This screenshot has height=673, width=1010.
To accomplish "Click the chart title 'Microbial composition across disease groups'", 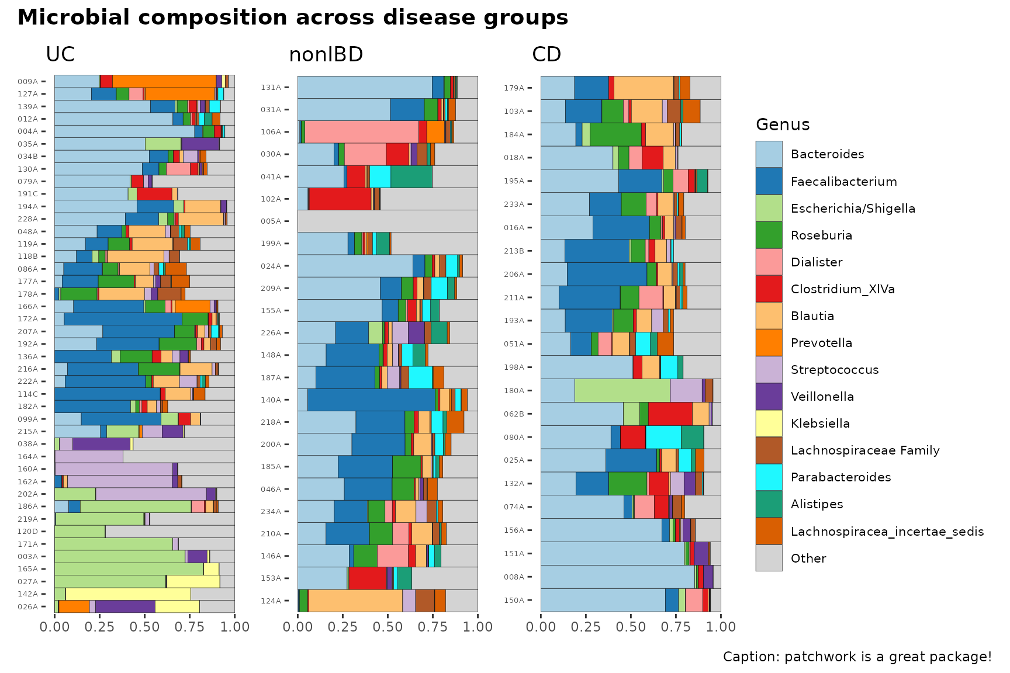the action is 293,18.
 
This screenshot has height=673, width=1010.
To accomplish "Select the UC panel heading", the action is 60,54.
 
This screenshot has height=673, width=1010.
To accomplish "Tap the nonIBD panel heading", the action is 326,54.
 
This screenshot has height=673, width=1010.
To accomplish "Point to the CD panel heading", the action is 546,54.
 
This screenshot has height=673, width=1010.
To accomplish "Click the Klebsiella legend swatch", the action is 769,423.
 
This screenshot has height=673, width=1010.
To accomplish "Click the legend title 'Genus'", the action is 783,124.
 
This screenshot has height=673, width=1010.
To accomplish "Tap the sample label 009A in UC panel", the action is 27,82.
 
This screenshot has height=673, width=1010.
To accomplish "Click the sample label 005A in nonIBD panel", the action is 271,221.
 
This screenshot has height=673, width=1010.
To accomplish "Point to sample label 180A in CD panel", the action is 514,390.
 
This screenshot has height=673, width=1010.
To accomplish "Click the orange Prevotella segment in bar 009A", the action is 164,81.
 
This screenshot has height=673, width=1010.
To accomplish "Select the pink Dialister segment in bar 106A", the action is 362,131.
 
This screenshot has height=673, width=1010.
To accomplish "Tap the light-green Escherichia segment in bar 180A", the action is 622,390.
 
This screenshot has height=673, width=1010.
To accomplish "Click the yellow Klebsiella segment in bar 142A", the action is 128,594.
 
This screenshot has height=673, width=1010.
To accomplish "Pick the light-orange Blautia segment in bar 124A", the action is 355,601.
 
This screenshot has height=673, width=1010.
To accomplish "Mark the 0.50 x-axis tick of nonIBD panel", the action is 388,627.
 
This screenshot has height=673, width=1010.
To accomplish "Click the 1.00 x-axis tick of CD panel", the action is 721,627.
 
